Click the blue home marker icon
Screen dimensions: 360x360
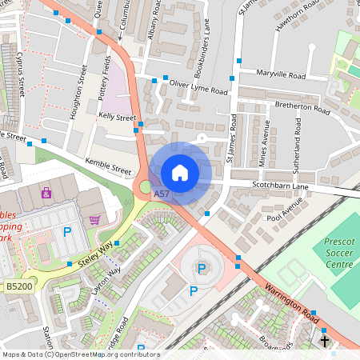[x=180, y=172]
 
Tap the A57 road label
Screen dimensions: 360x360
[x=162, y=194]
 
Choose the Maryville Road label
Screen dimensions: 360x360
[x=280, y=75]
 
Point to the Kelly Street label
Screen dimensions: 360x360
[x=117, y=117]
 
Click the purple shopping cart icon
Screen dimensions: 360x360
[x=95, y=220]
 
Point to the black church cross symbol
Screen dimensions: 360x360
[x=324, y=342]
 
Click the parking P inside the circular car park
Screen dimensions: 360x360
[x=201, y=269]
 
